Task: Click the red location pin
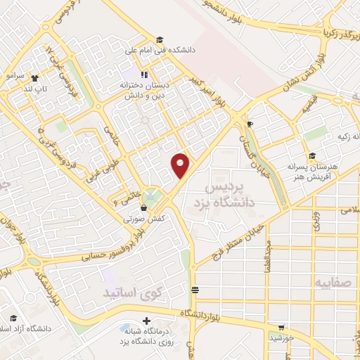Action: coord(181,165)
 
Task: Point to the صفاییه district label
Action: coord(332,283)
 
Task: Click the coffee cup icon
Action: coord(250,124)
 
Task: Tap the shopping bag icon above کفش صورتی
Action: coord(144,207)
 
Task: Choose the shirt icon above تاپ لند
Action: coord(34,78)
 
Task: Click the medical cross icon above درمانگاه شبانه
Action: coord(146,321)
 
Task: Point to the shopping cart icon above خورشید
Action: coord(282,327)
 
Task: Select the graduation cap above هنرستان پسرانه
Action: coord(311,156)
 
